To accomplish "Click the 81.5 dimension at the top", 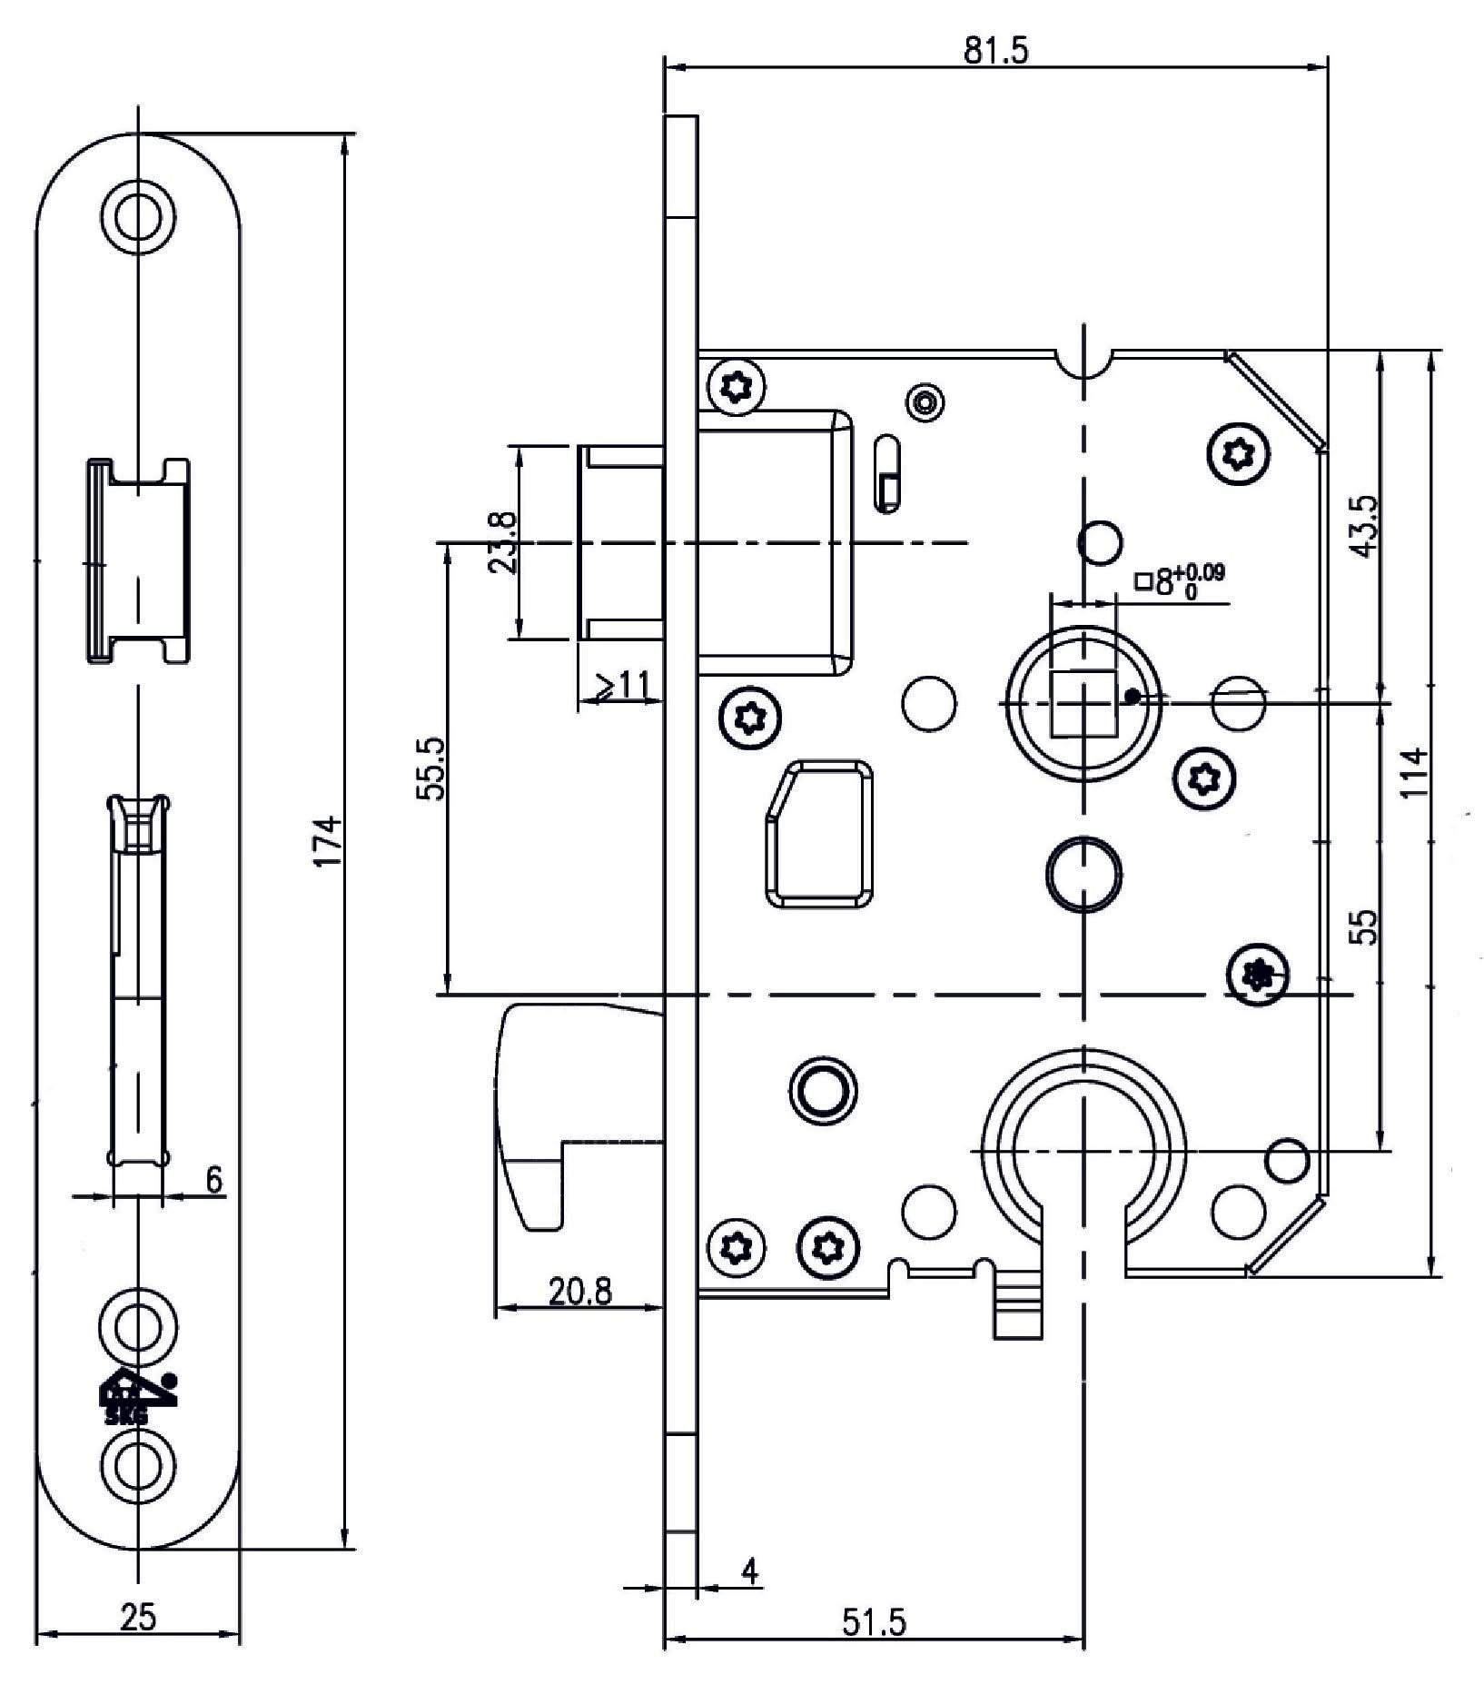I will coord(995,52).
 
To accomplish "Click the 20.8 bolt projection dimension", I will coord(579,1290).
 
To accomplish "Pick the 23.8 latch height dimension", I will coord(502,542).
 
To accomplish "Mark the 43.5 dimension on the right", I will coord(1365,527).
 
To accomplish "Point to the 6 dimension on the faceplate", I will coord(213,1181).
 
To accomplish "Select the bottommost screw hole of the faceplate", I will coord(139,1467).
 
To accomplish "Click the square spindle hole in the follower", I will coord(1083,703).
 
